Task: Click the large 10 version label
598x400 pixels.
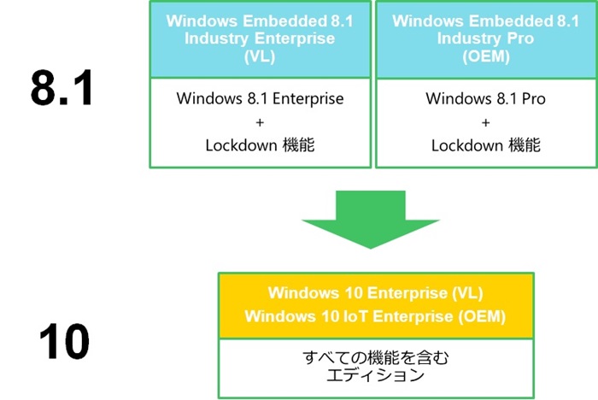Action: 64,339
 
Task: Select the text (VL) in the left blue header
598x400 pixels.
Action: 261,56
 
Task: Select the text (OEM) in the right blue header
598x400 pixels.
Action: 485,56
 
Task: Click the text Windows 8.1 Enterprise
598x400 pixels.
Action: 261,98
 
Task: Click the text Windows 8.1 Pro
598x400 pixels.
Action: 485,98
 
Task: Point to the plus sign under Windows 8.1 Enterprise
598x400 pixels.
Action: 261,122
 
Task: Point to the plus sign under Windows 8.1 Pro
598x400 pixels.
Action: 485,122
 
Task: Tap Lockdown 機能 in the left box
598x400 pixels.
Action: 261,145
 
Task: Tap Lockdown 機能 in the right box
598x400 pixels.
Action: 485,145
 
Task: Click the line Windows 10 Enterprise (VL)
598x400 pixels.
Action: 376,294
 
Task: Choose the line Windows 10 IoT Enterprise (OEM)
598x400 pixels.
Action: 376,316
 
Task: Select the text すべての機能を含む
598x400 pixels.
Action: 376,357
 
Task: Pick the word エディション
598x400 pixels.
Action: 376,375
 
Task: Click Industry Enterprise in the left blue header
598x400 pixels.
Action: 261,38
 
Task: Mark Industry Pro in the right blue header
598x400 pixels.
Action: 485,38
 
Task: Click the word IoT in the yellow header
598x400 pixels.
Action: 337,316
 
